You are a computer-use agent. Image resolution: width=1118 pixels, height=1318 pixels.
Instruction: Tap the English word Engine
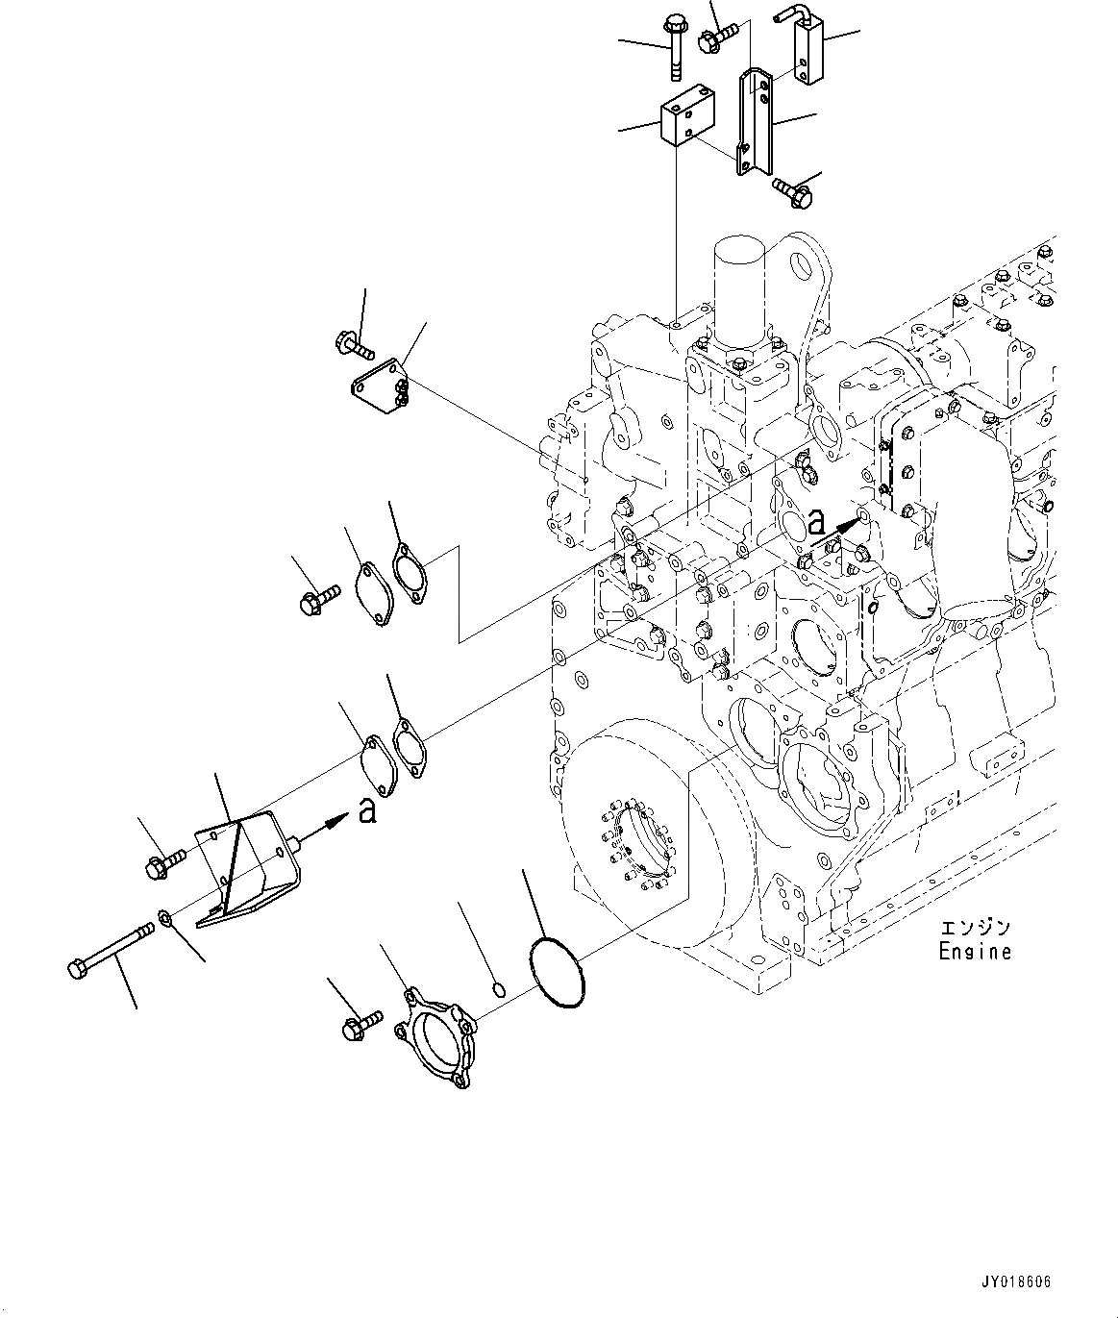click(975, 952)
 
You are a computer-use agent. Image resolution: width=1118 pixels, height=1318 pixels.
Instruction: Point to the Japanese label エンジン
click(975, 928)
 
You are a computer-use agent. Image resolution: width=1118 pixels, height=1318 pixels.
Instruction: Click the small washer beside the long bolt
click(166, 920)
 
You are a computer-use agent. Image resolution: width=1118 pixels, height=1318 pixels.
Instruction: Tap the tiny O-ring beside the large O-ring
click(497, 989)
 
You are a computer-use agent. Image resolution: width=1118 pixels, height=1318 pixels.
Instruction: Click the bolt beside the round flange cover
click(361, 1025)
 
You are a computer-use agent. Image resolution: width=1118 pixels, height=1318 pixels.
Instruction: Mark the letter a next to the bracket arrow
click(366, 812)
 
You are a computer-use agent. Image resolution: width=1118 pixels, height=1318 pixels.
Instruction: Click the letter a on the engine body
click(816, 522)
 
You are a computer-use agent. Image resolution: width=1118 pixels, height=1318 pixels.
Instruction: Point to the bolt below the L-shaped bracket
click(791, 192)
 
